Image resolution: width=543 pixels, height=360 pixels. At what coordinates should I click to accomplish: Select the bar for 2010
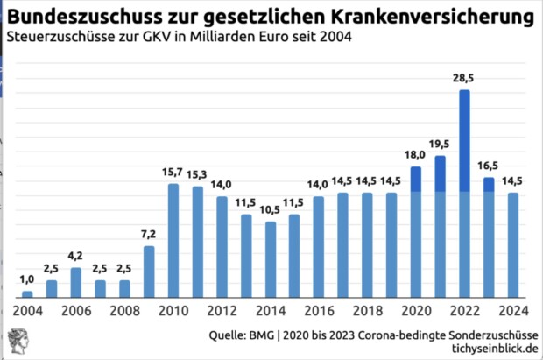[x=173, y=241]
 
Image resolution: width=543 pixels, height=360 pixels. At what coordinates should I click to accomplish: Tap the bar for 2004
[x=27, y=294]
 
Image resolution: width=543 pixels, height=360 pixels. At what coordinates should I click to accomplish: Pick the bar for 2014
[x=271, y=259]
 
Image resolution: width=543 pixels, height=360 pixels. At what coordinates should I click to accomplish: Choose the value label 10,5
[x=271, y=211]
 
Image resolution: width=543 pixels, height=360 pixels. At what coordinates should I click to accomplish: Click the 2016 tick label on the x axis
[x=319, y=312]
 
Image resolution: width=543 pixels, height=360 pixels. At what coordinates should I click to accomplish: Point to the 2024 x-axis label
[x=513, y=312]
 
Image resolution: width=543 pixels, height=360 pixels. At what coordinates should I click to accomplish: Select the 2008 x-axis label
[x=124, y=312]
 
